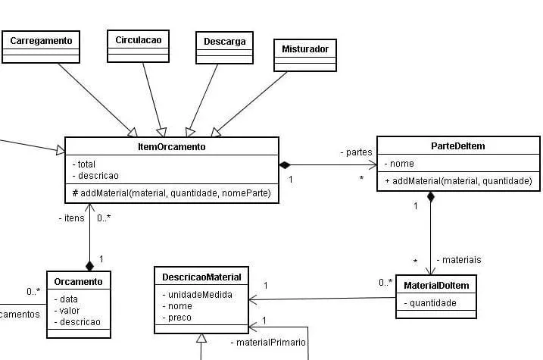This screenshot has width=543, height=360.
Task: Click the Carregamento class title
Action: (x=41, y=39)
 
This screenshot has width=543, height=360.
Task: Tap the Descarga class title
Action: (x=224, y=41)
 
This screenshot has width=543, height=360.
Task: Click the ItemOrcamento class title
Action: (x=172, y=147)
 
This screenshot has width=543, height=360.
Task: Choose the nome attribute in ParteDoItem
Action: (x=402, y=164)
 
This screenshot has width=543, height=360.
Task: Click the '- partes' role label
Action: (x=355, y=152)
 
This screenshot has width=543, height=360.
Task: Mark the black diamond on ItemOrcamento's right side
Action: (x=285, y=164)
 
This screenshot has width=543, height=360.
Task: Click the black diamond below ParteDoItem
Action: (x=431, y=198)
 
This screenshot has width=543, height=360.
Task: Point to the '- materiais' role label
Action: (x=458, y=260)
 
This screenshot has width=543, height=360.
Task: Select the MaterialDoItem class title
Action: (x=436, y=285)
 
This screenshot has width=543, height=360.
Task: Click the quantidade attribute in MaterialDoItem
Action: (x=430, y=303)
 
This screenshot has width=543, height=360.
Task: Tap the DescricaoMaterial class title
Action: (x=201, y=277)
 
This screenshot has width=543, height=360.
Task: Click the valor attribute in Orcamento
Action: (x=69, y=310)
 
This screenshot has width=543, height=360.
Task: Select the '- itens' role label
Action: (x=71, y=218)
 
